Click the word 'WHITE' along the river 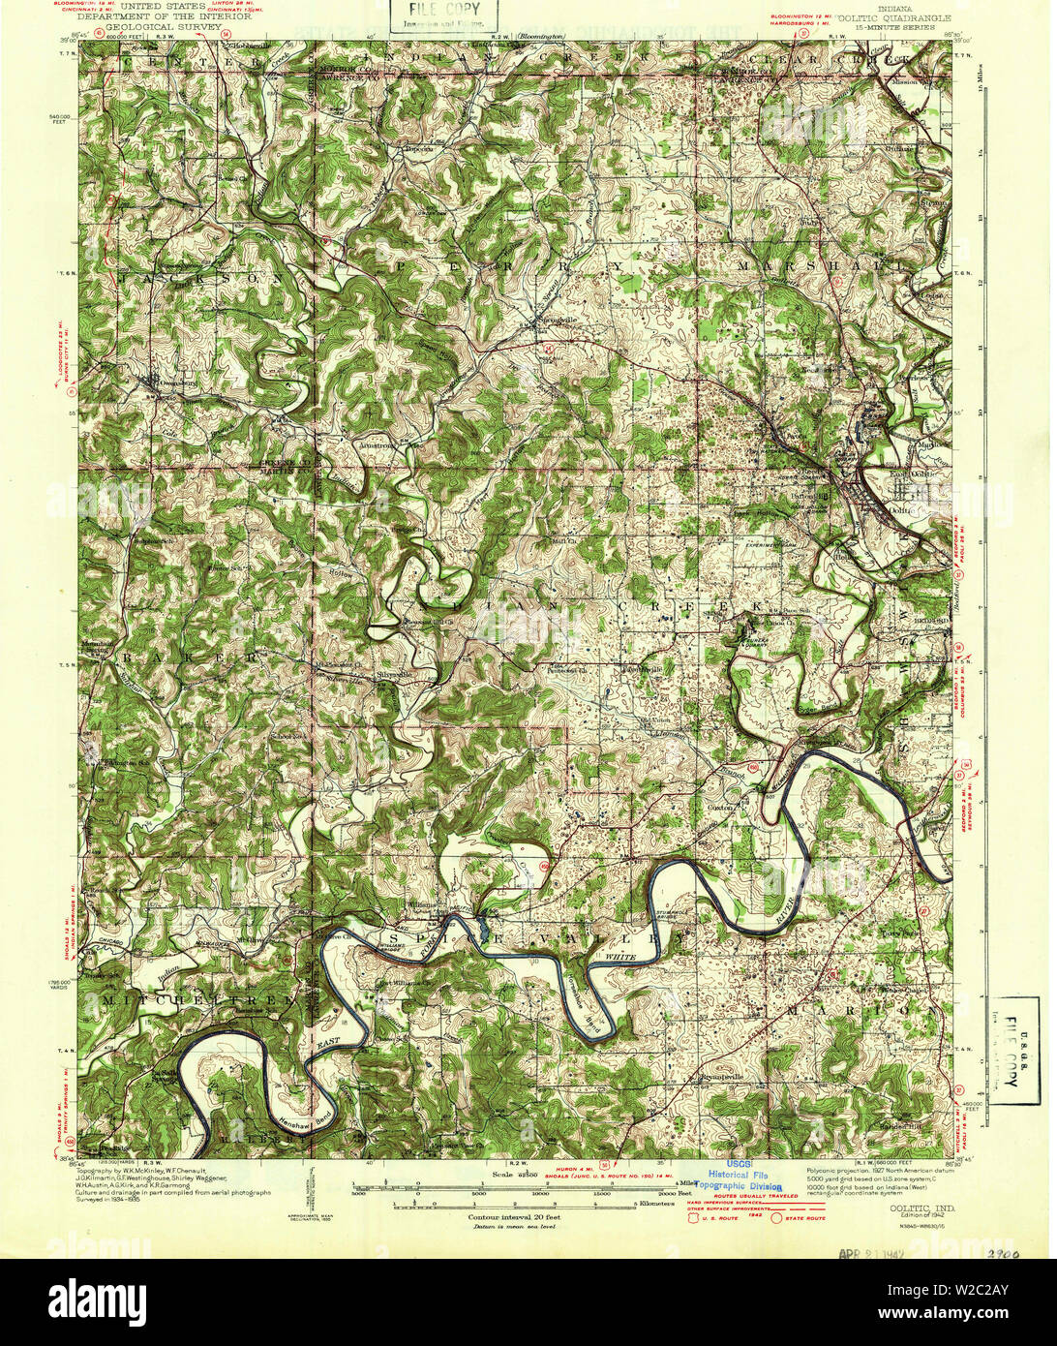(620, 957)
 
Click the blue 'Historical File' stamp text (740, 1175)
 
